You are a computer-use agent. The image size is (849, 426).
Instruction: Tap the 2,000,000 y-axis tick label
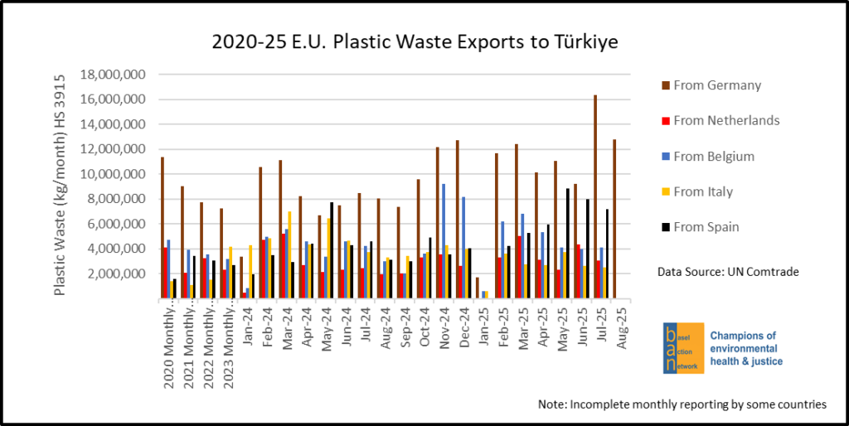click(x=115, y=274)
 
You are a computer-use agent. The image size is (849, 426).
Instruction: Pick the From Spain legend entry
click(x=712, y=227)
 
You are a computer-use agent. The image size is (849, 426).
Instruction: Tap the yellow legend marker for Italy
click(x=665, y=192)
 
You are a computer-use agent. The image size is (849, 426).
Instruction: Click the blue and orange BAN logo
click(x=682, y=348)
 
